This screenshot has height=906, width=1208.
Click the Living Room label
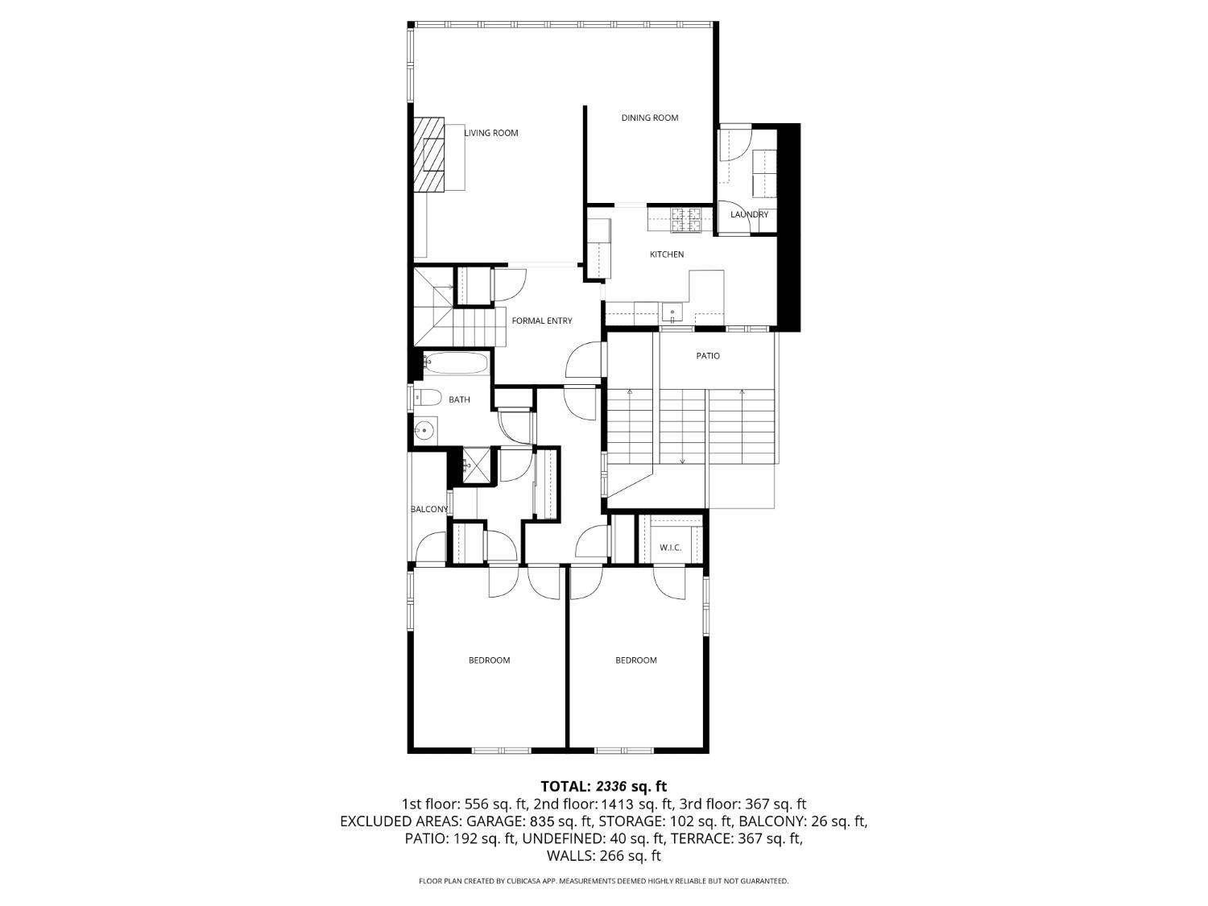(491, 133)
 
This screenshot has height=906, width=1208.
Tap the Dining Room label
(649, 118)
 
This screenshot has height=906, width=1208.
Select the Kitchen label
(667, 254)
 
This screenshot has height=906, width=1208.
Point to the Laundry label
(749, 214)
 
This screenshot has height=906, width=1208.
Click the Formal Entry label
(542, 321)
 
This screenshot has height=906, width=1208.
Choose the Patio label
(708, 356)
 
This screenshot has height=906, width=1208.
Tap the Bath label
(459, 399)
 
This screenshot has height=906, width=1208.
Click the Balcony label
(429, 509)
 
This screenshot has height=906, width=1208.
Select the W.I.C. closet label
(670, 548)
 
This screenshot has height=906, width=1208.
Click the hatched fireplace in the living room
(429, 154)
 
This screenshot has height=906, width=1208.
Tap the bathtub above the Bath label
(456, 363)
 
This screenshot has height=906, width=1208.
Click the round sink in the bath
(424, 431)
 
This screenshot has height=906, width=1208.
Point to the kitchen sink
(672, 313)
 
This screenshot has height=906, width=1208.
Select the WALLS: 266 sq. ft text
(603, 855)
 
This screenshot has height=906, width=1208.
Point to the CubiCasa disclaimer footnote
(603, 881)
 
